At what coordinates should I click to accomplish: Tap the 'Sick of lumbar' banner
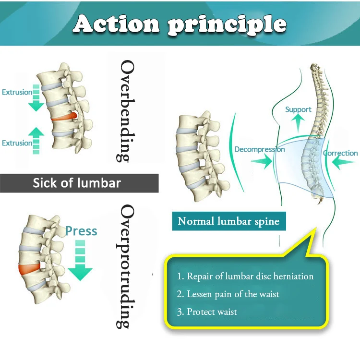pyautogui.click(x=77, y=183)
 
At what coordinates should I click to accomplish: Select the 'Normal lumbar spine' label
pyautogui.click(x=228, y=221)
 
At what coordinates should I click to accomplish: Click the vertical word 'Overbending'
pyautogui.click(x=125, y=111)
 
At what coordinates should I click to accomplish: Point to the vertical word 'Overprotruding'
pyautogui.click(x=126, y=266)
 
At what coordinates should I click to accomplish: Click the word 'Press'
pyautogui.click(x=81, y=231)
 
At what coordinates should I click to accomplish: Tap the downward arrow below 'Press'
pyautogui.click(x=80, y=262)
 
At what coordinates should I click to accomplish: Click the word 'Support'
pyautogui.click(x=298, y=109)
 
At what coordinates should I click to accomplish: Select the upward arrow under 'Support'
pyautogui.click(x=298, y=125)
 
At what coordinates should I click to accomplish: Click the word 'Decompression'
pyautogui.click(x=259, y=149)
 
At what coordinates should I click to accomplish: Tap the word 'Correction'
pyautogui.click(x=340, y=153)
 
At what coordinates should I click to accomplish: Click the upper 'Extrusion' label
pyautogui.click(x=17, y=92)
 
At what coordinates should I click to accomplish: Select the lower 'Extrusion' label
pyautogui.click(x=17, y=143)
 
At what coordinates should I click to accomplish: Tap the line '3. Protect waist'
pyautogui.click(x=207, y=312)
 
